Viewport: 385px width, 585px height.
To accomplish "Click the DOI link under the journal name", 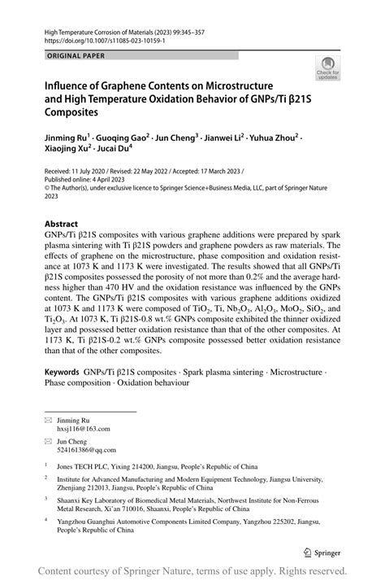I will [97, 38].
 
